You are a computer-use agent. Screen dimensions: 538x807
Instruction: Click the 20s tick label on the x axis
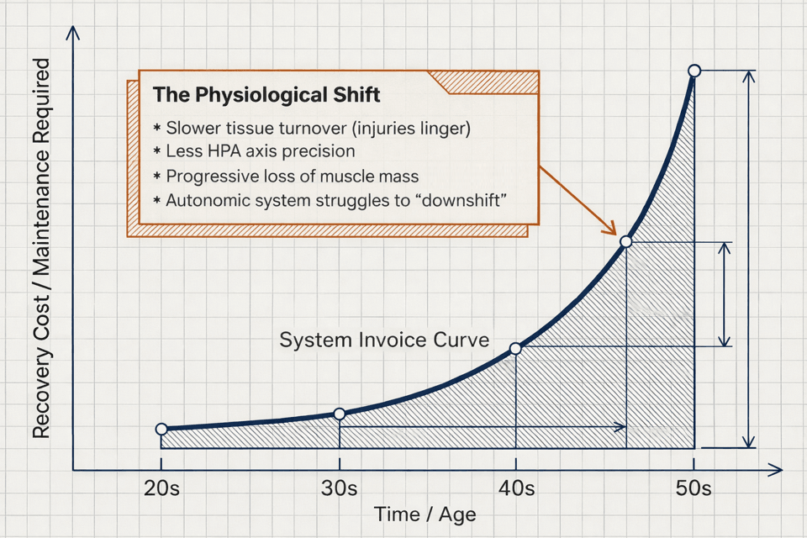161,488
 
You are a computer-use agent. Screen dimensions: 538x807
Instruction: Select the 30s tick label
339,488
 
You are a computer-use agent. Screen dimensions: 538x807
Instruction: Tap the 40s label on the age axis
516,488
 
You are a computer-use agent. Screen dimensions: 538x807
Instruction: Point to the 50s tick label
694,488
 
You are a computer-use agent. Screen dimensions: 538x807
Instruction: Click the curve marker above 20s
161,430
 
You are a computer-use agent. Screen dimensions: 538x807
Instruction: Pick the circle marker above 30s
340,414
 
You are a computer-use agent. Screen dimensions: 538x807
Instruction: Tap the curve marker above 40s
516,348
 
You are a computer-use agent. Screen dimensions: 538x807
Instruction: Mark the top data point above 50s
694,71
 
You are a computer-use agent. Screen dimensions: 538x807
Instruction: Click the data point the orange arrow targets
625,242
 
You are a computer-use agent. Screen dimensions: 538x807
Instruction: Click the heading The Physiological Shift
266,95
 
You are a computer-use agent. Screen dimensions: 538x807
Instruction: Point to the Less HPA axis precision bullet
259,152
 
